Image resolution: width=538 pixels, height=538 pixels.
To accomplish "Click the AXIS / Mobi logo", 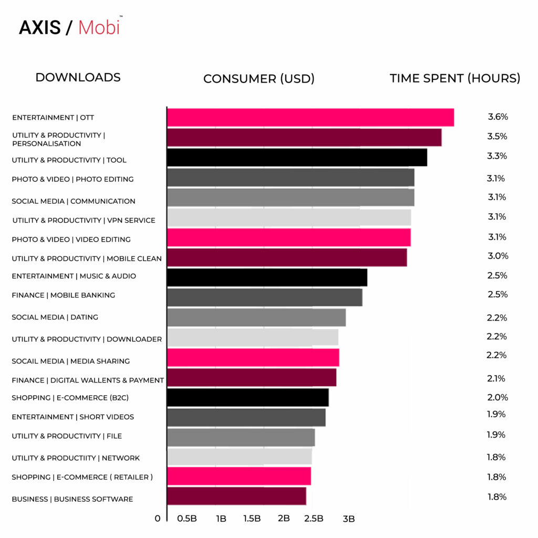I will pos(70,27).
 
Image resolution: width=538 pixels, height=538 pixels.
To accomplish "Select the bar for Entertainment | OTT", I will pos(310,118).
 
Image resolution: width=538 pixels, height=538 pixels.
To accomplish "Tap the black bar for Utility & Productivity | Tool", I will pos(297,157).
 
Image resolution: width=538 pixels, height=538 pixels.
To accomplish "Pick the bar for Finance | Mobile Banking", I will pos(264,297).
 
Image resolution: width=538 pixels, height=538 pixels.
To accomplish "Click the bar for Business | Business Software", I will pos(236,496).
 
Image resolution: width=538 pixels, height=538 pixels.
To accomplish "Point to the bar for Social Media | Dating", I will pos(256,317).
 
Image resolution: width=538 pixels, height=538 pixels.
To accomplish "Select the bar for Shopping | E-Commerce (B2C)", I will pos(247,397).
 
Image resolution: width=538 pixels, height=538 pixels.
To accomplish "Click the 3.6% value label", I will pos(498,117).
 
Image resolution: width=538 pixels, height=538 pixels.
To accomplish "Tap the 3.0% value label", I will pos(498,256).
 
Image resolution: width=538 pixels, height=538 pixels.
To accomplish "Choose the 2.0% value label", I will pos(498,397).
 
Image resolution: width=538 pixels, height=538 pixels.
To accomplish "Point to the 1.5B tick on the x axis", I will pos(252,519).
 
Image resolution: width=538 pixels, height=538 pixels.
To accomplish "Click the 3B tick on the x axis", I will pos(348,519).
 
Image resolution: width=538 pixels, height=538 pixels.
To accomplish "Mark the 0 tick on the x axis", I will pos(158,519).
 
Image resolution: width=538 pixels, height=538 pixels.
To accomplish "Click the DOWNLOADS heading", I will pos(78,77).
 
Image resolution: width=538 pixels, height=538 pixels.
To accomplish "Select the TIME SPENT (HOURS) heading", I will pos(455,78).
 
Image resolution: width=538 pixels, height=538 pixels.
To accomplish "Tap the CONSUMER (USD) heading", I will pos(258,79).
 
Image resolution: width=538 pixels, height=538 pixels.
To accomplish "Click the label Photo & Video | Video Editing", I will pos(71,239).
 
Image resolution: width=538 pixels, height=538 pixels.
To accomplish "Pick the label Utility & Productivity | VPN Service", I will pos(84,220).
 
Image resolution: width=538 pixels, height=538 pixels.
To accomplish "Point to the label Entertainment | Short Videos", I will pos(73,417).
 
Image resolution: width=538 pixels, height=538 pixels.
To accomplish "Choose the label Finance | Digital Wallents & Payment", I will pos(88,380).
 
